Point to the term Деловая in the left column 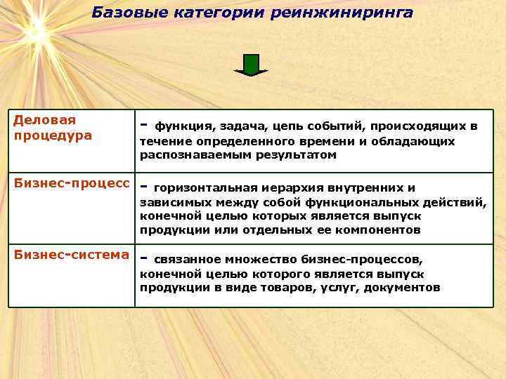pos(45,120)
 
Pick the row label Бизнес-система pos(72,254)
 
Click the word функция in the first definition pos(186,127)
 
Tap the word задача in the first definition pos(245,127)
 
